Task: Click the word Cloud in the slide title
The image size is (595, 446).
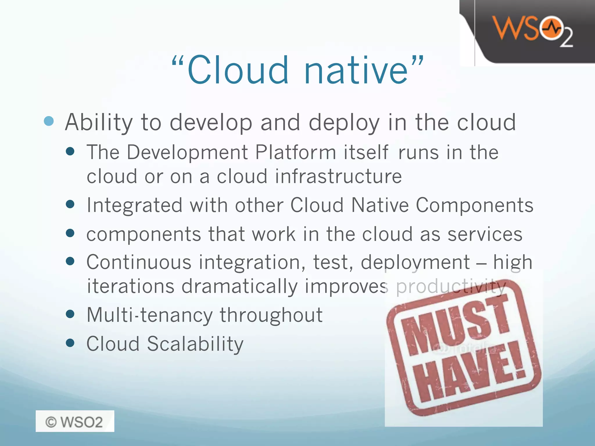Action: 238,70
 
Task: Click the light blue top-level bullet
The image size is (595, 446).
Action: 49,121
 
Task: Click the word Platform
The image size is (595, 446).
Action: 295,152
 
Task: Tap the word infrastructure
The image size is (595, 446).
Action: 338,177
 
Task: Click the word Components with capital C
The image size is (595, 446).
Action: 474,205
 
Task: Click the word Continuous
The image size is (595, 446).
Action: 139,262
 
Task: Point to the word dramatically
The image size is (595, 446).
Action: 239,286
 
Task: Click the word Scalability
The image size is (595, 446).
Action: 195,344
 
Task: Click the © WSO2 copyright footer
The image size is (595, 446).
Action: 75,421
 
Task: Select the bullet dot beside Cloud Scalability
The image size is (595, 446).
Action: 70,343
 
